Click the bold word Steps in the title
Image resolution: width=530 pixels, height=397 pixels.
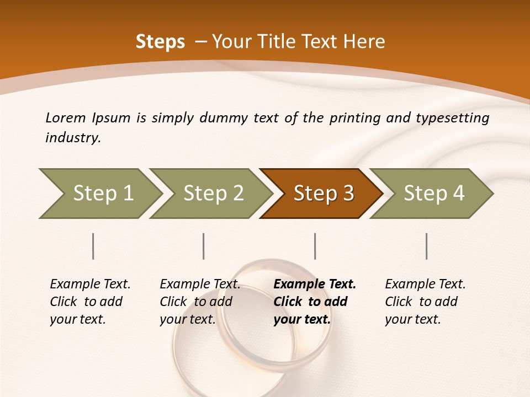click(x=160, y=42)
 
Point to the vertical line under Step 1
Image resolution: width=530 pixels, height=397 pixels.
click(x=93, y=246)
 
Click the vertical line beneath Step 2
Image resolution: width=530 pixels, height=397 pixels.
click(x=204, y=246)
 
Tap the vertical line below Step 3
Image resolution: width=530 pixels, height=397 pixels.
click(x=315, y=246)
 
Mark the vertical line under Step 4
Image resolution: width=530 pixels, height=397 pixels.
click(x=427, y=246)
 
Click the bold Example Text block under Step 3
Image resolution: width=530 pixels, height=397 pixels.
click(x=315, y=302)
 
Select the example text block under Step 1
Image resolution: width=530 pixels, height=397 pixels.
click(x=90, y=302)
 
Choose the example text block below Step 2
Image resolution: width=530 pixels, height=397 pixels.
click(x=200, y=302)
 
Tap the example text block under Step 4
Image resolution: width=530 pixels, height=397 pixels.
click(x=425, y=302)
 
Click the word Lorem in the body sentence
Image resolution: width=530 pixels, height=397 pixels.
click(x=66, y=118)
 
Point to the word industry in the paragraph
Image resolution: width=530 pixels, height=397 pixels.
click(x=72, y=138)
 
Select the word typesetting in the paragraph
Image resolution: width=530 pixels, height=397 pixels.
click(x=452, y=118)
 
